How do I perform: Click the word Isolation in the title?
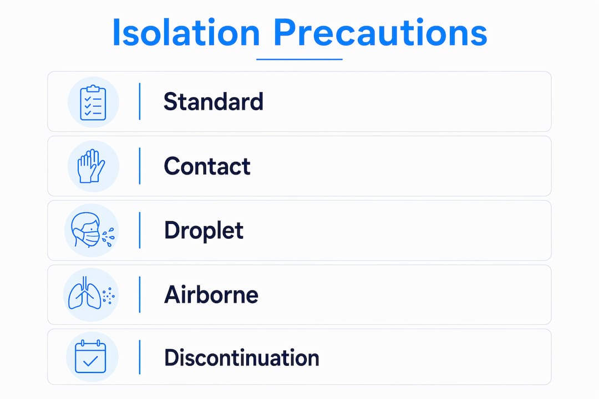point(186,33)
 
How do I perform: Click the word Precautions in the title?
point(380,33)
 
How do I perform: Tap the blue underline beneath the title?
point(299,59)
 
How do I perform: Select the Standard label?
point(214,101)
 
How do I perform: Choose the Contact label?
point(207,166)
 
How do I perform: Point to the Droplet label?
point(204,230)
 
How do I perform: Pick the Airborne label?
point(211,295)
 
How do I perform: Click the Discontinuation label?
point(242,358)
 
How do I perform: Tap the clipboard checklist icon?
point(93,103)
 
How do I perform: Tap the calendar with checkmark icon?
point(90,356)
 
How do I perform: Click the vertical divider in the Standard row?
point(140,101)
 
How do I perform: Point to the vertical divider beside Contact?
point(140,166)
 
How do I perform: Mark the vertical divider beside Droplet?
point(140,230)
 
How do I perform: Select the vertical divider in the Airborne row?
point(140,295)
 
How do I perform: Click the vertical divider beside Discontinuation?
point(140,357)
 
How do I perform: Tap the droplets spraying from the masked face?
point(109,237)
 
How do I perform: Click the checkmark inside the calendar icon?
point(90,361)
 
